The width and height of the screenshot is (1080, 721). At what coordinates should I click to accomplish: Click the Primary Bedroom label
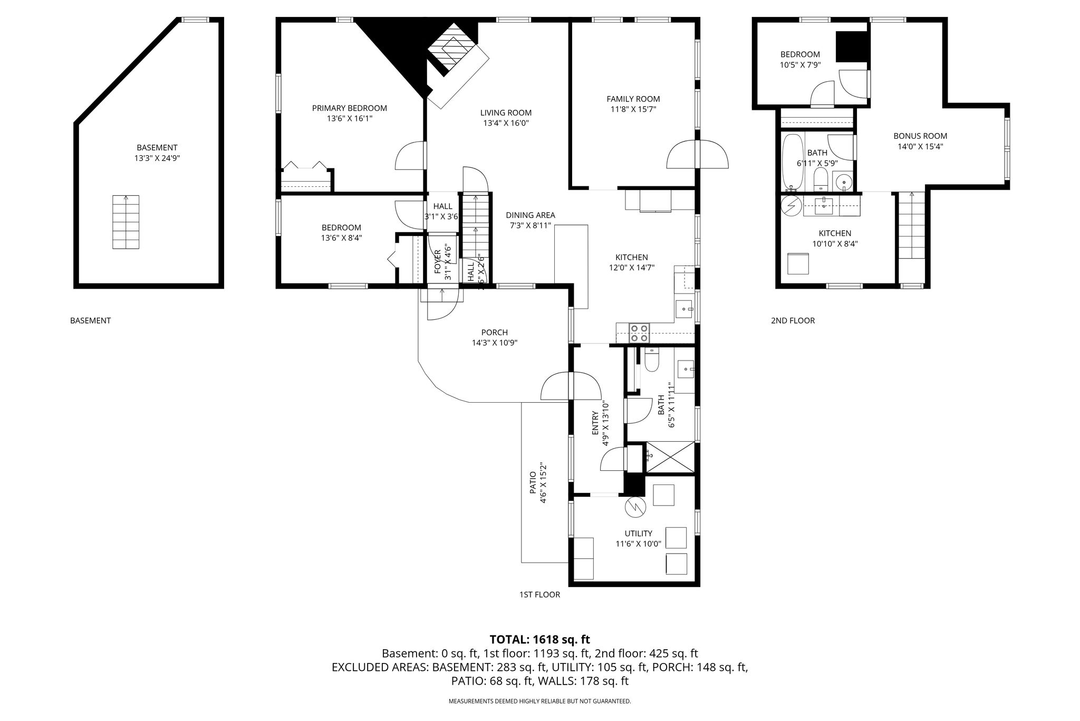click(x=349, y=108)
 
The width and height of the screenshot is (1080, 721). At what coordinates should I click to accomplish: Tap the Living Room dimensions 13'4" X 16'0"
click(x=506, y=123)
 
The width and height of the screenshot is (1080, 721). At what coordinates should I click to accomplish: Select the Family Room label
click(x=633, y=99)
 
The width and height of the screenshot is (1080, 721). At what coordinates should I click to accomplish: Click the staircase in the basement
click(x=126, y=222)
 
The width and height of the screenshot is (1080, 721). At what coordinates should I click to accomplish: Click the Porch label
click(x=494, y=333)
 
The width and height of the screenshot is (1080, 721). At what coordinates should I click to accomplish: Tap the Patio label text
click(x=533, y=483)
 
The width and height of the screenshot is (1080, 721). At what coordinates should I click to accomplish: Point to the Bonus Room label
click(x=920, y=136)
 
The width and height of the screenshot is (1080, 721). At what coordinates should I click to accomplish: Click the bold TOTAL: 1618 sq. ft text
click(x=540, y=640)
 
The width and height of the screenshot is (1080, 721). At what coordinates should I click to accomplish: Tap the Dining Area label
click(x=530, y=215)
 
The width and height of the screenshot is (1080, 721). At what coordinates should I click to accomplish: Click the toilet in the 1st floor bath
click(x=651, y=359)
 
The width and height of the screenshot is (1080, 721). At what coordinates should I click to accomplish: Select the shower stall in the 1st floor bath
click(x=670, y=457)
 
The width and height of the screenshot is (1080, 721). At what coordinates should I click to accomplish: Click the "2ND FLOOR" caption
click(x=793, y=320)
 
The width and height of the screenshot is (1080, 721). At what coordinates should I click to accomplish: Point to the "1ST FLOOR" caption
click(x=539, y=594)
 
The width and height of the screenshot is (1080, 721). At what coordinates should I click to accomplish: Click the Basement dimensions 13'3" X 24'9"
click(x=157, y=158)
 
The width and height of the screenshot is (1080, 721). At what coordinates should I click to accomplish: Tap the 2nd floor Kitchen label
click(x=835, y=233)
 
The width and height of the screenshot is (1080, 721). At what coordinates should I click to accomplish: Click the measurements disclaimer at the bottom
click(x=539, y=701)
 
